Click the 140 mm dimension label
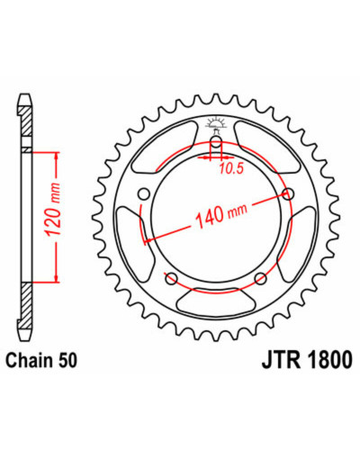click(221, 214)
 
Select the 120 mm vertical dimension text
click(53, 209)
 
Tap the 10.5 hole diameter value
click(230, 169)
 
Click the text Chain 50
click(41, 361)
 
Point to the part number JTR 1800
click(307, 360)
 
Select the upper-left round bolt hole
click(144, 194)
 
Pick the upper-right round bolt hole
click(288, 194)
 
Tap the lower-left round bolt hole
click(172, 278)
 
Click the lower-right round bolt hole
click(260, 278)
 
